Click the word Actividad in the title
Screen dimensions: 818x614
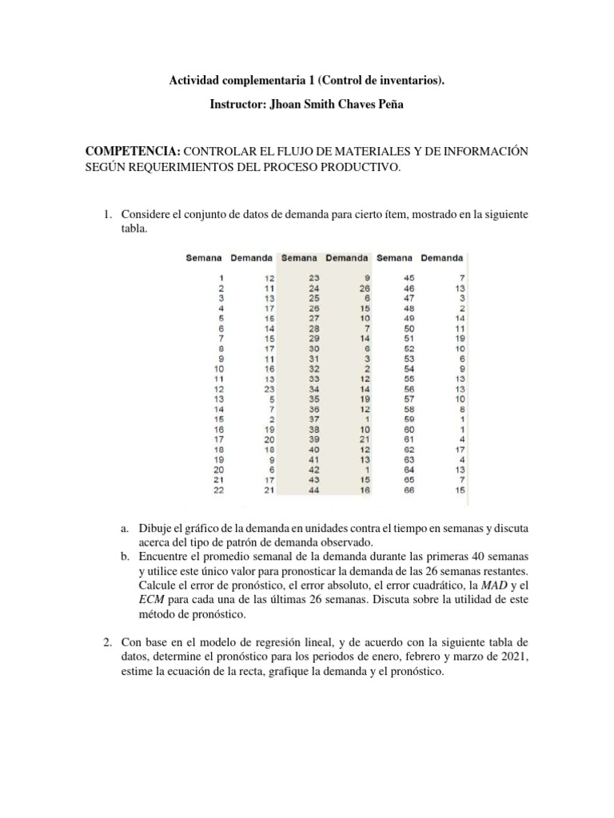[x=193, y=81]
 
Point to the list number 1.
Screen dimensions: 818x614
[x=103, y=216]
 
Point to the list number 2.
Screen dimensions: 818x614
[x=103, y=642]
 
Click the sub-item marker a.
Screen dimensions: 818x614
[x=125, y=530]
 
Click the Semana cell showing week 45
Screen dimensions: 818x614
[x=410, y=277]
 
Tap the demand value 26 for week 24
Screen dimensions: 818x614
[x=365, y=288]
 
